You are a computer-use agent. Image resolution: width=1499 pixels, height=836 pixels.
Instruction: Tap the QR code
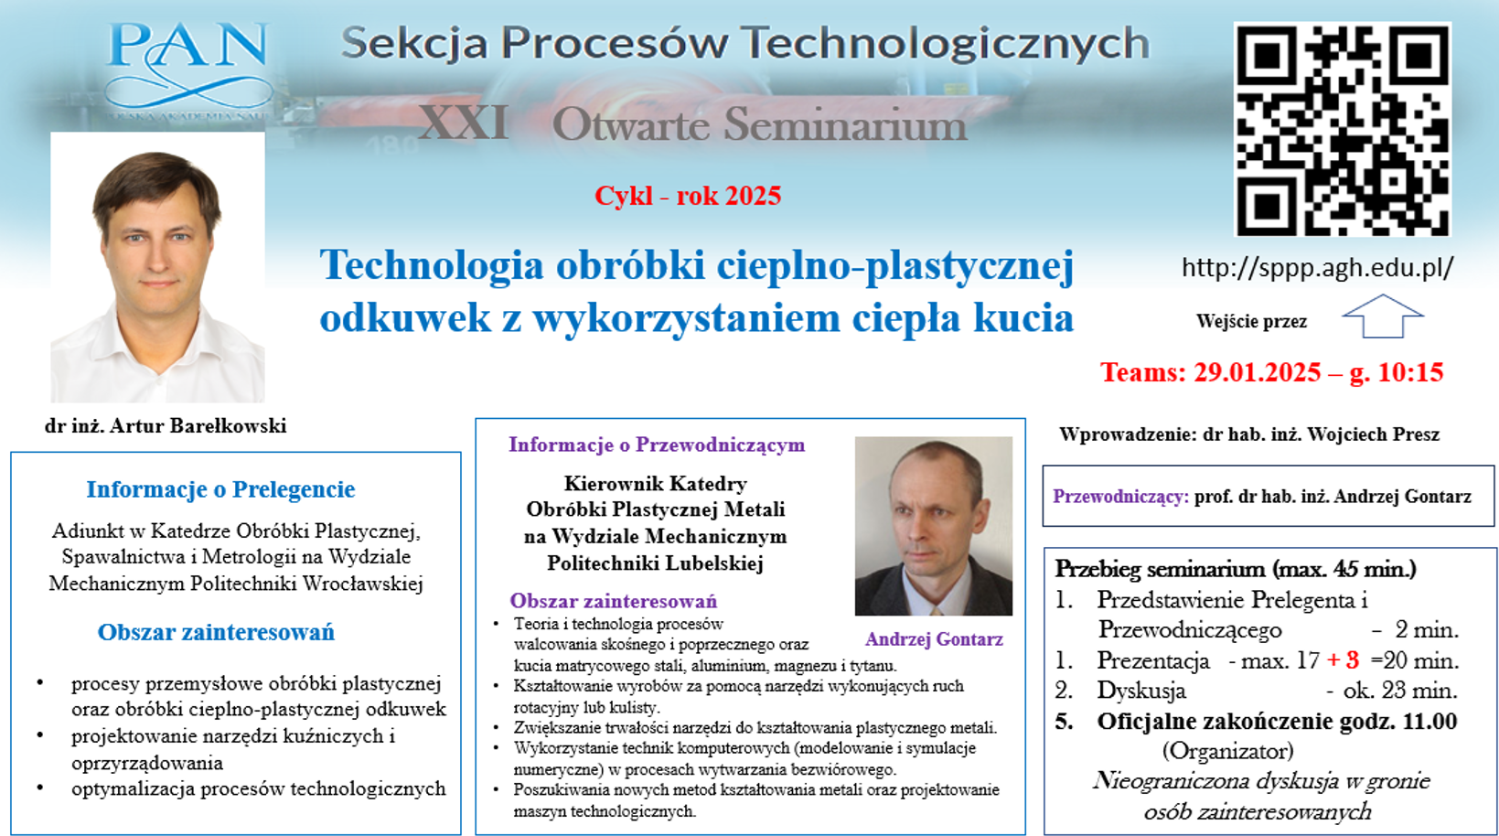point(1343,129)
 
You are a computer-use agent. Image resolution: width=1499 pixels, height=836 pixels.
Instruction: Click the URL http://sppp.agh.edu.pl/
point(1318,268)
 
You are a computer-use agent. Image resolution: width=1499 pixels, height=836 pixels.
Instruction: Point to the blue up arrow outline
point(1383,316)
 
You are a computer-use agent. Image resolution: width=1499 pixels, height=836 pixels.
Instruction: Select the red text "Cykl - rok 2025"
point(688,196)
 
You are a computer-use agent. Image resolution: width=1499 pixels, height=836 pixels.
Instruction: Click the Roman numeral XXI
point(463,123)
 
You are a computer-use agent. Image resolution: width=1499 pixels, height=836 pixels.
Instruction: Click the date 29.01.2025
point(1258,372)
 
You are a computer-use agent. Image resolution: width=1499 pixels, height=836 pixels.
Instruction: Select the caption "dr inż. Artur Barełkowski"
point(166,425)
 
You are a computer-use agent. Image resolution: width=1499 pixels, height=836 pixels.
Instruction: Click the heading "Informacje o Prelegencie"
point(220,489)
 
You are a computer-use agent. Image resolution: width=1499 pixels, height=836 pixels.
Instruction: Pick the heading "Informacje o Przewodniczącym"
point(657,445)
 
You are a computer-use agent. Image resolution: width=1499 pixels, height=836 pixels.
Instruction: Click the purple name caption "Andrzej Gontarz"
point(934,639)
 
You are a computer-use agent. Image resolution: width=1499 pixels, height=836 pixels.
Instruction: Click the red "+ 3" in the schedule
point(1344,660)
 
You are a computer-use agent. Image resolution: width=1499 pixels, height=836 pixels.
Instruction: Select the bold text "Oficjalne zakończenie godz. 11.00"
point(1277,722)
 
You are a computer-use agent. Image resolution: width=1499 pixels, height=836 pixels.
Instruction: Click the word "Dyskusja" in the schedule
point(1141,691)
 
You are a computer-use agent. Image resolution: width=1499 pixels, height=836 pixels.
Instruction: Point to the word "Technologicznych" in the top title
point(946,44)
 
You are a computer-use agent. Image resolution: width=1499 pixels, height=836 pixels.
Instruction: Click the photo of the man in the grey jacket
point(934,526)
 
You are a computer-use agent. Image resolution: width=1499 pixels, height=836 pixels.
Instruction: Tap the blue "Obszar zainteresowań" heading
point(216,633)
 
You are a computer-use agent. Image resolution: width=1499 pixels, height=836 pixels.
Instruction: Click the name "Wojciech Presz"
point(1373,435)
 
